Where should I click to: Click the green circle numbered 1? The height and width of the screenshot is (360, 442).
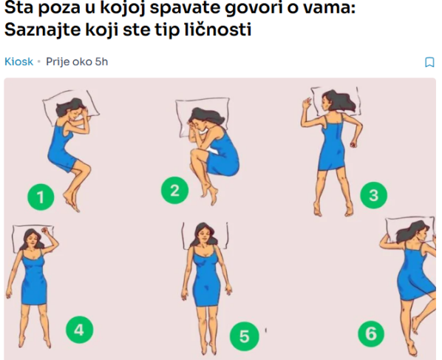(41, 197)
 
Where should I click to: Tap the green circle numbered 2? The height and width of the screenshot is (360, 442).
(174, 190)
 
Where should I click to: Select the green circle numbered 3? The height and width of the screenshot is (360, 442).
(374, 195)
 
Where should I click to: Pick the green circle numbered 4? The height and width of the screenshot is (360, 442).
(79, 330)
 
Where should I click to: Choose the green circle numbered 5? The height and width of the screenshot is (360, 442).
(244, 336)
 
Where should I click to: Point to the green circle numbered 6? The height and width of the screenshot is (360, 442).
(371, 334)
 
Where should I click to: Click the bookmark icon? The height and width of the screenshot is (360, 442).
(429, 62)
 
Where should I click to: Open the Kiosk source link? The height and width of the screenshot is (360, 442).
(18, 61)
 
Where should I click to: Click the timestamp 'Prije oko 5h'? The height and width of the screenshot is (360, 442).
(77, 61)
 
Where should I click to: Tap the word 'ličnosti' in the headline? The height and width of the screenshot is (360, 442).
(218, 30)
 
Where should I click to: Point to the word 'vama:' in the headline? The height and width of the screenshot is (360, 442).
(328, 7)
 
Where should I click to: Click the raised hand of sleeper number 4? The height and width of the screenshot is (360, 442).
(46, 231)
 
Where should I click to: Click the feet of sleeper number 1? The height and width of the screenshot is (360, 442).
(71, 201)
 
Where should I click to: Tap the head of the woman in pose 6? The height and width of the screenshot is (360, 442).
(417, 232)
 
